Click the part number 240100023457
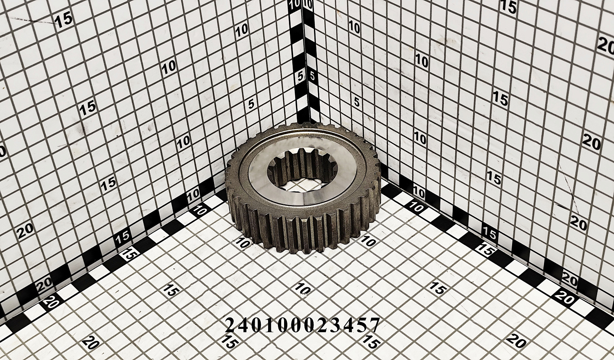coord(302,326)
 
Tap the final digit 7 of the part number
coord(374,326)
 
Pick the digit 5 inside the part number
coord(361,326)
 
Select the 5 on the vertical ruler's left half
coord(301,77)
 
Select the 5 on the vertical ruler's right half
coord(312,76)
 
